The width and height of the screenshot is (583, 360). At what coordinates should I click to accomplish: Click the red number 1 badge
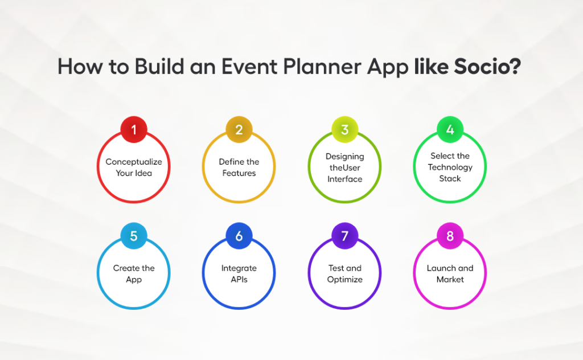click(x=134, y=130)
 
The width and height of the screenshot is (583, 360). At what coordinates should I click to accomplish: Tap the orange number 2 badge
click(x=239, y=130)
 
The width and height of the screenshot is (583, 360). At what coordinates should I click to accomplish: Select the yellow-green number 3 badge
click(x=344, y=130)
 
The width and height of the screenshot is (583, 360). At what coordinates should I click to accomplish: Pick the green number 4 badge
click(x=450, y=130)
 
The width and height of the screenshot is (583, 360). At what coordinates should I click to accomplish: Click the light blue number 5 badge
click(x=134, y=236)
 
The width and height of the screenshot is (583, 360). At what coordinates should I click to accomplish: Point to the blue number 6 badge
click(x=239, y=236)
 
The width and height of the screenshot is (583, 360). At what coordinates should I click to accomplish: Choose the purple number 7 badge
click(x=344, y=236)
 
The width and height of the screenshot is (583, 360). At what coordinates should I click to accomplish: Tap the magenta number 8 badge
click(x=450, y=236)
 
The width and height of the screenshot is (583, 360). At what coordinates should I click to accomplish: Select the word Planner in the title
click(x=315, y=67)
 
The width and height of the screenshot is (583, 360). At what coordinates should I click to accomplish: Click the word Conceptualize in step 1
click(x=134, y=162)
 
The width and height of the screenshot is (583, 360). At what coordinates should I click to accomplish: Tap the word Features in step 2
click(x=239, y=173)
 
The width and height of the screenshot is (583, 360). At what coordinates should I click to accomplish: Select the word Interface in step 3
click(x=344, y=179)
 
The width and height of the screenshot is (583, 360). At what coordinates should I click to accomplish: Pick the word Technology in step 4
click(x=450, y=167)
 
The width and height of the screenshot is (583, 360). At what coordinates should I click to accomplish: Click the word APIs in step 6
click(x=239, y=280)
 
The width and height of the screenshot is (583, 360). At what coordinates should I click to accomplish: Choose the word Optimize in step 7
click(x=344, y=280)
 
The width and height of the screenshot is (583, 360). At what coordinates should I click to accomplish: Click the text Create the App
click(x=134, y=274)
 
